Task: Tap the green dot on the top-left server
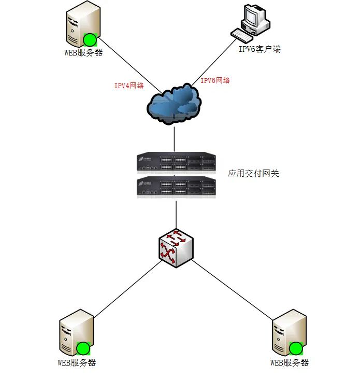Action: coord(90,40)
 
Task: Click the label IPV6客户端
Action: coord(260,50)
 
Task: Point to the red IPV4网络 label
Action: coord(129,86)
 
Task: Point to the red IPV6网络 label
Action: coord(215,80)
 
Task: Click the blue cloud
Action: coord(174,104)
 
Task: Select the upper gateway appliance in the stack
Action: coord(176,162)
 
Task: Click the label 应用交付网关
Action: coord(253,174)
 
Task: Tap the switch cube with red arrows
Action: coord(176,248)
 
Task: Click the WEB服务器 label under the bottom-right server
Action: coord(290,363)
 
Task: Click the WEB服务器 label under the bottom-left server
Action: coord(77,363)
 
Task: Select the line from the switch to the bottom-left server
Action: coord(127,290)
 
